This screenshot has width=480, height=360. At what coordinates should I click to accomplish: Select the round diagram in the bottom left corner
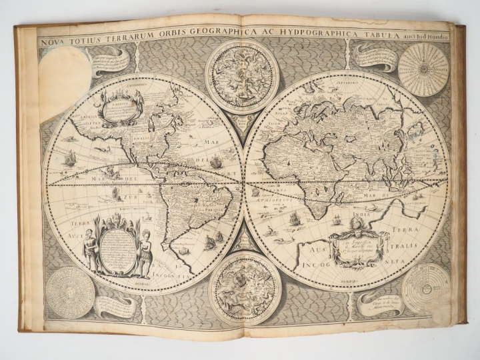tap(70, 291)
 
